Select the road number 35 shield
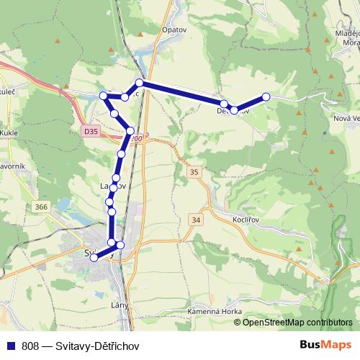click(x=194, y=172)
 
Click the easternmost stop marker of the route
click(x=266, y=96)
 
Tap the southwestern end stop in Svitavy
click(x=94, y=258)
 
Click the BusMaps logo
click(x=327, y=344)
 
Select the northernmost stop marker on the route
click(x=140, y=84)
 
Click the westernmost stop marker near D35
click(x=103, y=96)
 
